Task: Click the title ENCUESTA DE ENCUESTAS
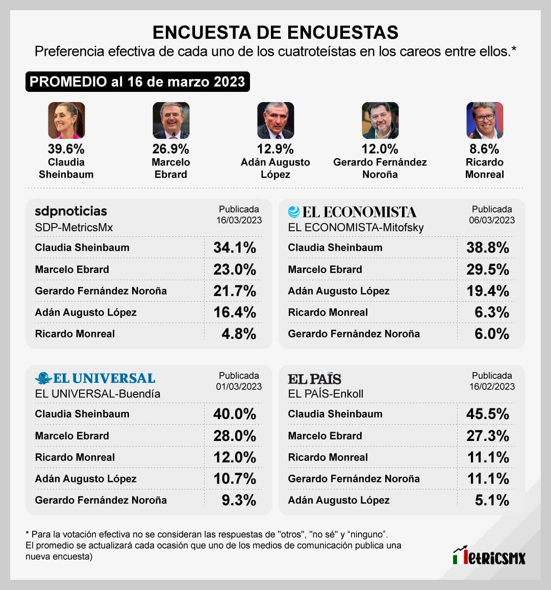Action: (x=275, y=32)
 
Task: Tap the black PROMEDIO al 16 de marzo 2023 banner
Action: (x=137, y=82)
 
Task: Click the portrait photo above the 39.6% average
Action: (x=66, y=120)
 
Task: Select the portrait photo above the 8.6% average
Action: (x=485, y=120)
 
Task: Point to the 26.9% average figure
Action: (x=170, y=149)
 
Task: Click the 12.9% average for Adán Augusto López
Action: (x=275, y=149)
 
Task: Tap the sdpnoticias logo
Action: (x=71, y=211)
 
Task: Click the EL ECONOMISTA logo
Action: (x=352, y=212)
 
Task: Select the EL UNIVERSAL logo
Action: (x=95, y=378)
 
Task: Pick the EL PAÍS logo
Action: (x=314, y=379)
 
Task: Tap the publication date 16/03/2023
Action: (x=239, y=220)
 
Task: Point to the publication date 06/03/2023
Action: (x=492, y=220)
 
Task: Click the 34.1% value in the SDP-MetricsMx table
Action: (x=235, y=248)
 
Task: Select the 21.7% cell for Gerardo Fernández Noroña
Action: (x=235, y=291)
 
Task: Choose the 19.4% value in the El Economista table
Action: (x=488, y=291)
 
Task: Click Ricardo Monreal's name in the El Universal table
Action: (x=75, y=457)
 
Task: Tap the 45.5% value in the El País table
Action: (x=488, y=414)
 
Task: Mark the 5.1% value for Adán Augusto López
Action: (x=492, y=500)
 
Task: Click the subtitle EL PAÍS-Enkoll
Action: (x=325, y=394)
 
